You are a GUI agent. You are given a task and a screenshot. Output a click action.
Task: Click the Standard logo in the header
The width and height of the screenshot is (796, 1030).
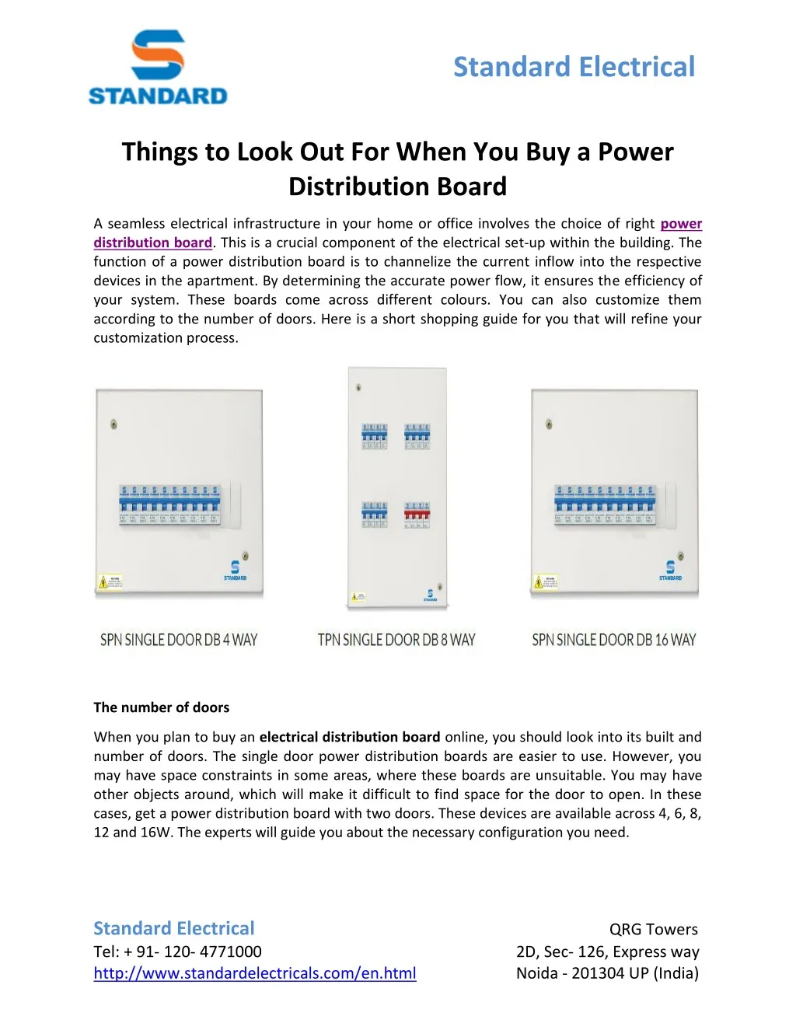[158, 68]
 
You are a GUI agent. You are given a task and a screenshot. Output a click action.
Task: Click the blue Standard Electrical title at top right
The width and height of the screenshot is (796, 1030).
[574, 67]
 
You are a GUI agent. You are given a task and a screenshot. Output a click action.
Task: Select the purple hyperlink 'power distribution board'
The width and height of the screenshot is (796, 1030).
[153, 243]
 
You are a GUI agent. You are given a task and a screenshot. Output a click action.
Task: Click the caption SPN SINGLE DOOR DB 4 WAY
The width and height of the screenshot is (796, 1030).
[179, 640]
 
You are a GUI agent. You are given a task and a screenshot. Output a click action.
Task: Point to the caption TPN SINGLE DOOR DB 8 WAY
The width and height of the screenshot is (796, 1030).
[396, 640]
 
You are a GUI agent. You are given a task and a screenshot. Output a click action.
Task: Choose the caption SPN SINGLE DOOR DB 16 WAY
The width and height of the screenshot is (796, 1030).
[614, 640]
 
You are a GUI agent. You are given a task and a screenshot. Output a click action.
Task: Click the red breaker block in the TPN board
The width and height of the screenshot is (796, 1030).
[417, 513]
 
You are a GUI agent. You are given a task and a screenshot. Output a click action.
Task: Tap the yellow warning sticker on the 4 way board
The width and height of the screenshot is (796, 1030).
[110, 581]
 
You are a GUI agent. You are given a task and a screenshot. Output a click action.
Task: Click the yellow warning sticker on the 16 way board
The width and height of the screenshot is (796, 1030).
[545, 581]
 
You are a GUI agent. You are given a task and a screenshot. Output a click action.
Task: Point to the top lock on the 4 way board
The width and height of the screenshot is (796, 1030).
[114, 424]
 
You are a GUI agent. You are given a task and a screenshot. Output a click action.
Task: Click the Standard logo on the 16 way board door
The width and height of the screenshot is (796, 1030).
[670, 570]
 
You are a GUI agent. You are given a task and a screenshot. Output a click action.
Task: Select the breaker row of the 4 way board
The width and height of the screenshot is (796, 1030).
[169, 505]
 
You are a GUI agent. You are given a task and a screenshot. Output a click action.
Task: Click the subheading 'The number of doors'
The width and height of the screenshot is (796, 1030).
[162, 707]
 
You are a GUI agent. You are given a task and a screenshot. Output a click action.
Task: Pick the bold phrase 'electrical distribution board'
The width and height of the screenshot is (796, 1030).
[350, 737]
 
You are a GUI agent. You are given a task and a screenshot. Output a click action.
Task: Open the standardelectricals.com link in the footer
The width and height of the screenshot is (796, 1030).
[255, 973]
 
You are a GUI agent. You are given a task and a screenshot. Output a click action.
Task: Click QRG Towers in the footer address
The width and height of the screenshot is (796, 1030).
[653, 930]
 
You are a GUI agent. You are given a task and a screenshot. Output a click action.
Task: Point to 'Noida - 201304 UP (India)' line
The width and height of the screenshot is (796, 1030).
[607, 973]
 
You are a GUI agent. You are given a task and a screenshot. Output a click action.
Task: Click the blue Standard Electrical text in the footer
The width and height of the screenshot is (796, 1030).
[174, 928]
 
